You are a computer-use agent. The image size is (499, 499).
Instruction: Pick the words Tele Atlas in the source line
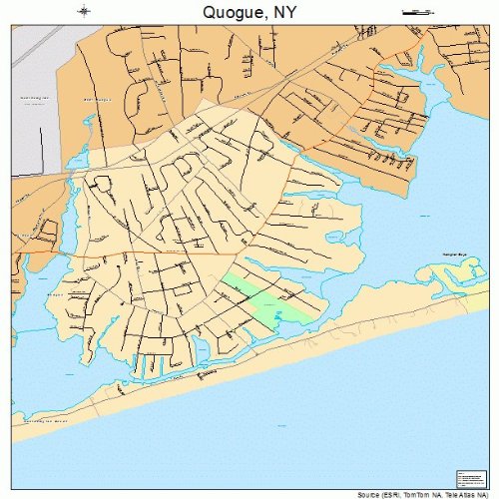(x=462, y=494)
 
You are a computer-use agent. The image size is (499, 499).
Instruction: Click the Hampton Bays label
(x=455, y=256)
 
